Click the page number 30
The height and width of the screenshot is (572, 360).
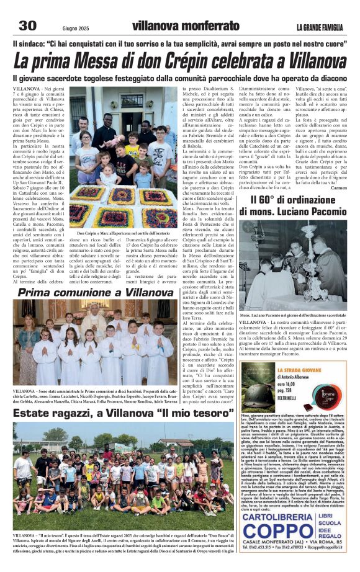[27, 25]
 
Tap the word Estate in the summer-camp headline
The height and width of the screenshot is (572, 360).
[35, 413]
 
